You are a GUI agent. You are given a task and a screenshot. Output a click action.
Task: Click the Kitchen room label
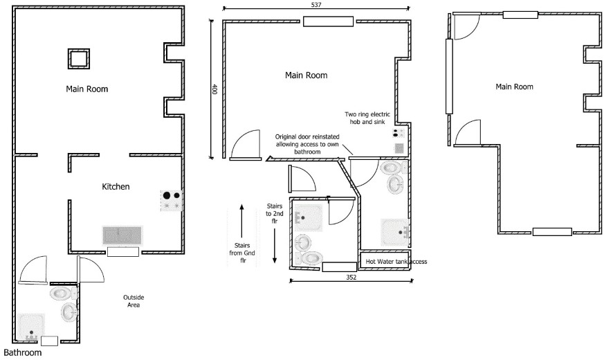pyautogui.click(x=116, y=187)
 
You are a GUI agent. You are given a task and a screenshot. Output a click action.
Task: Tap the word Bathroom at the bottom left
pyautogui.click(x=23, y=352)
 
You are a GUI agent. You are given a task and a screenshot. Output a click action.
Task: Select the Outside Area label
pyautogui.click(x=134, y=301)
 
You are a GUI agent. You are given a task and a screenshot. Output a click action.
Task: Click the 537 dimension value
pyautogui.click(x=316, y=5)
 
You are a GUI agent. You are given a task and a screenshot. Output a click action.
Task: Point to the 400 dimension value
pyautogui.click(x=214, y=89)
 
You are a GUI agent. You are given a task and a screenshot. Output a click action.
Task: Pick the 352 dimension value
pyautogui.click(x=351, y=277)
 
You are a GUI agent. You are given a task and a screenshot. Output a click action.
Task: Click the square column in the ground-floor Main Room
pyautogui.click(x=79, y=59)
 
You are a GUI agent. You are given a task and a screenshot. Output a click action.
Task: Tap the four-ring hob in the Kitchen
pyautogui.click(x=172, y=200)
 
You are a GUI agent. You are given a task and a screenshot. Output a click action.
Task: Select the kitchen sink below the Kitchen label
pyautogui.click(x=122, y=235)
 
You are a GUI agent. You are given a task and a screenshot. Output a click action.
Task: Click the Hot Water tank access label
pyautogui.click(x=396, y=262)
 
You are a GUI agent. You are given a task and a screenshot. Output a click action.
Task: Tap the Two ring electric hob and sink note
pyautogui.click(x=367, y=118)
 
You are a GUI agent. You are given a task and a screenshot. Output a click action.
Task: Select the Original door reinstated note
pyautogui.click(x=307, y=144)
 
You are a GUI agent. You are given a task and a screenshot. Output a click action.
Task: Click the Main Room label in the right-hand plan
pyautogui.click(x=515, y=87)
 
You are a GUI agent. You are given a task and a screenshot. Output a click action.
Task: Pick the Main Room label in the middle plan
pyautogui.click(x=306, y=75)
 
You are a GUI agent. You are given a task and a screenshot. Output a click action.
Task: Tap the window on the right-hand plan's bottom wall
pyautogui.click(x=552, y=232)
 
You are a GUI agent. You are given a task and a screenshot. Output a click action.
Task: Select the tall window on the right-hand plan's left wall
pyautogui.click(x=449, y=76)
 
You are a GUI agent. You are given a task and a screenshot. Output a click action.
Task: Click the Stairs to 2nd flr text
pyautogui.click(x=275, y=214)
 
